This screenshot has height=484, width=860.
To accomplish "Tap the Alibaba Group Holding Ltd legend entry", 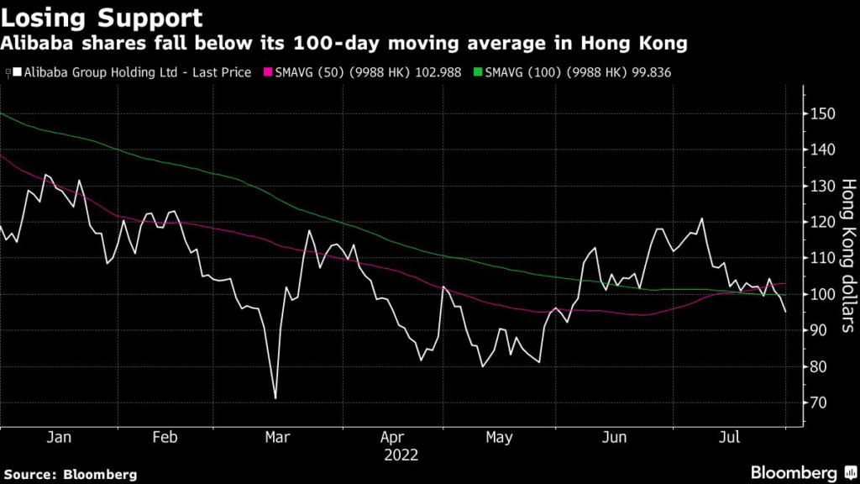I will click(132, 72).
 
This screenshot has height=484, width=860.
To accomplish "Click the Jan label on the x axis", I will click(59, 438).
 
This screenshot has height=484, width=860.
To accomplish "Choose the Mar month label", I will click(276, 438).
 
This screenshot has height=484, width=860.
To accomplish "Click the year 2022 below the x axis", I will click(401, 456).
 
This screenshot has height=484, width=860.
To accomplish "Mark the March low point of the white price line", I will click(275, 398).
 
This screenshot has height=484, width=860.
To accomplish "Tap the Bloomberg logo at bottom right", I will click(794, 472).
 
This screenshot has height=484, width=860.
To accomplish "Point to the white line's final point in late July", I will click(786, 312).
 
